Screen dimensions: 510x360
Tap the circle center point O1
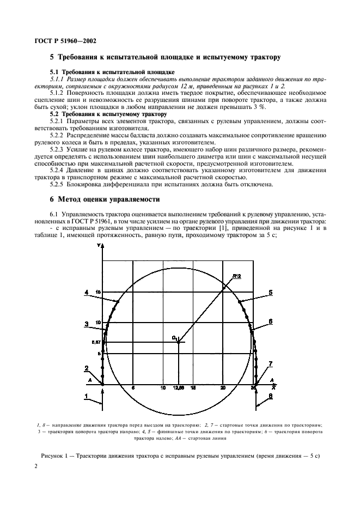tap(179, 342)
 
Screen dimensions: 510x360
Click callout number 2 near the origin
tap(86, 368)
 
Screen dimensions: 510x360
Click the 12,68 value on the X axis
tap(178, 388)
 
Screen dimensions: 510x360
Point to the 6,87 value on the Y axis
tap(96, 343)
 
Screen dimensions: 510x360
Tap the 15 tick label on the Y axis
tap(97, 293)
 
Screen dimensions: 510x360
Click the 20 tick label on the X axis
tap(222, 388)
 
